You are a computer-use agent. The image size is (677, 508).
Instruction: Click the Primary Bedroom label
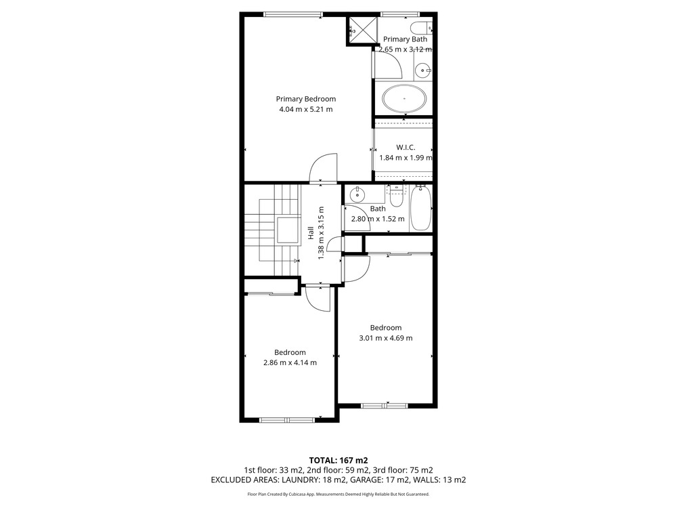306,99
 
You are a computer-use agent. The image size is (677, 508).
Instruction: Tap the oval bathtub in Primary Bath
405,98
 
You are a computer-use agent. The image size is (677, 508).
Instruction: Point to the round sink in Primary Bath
423,70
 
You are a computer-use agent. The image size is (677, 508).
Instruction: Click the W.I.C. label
406,147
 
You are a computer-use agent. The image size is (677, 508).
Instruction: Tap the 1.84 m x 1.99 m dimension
406,158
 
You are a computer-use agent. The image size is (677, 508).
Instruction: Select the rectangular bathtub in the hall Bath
420,208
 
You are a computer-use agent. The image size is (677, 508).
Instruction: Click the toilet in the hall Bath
396,196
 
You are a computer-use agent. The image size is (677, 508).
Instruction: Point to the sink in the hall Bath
357,195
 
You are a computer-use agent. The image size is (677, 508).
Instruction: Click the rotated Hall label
311,233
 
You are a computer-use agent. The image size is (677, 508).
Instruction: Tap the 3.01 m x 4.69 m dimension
386,338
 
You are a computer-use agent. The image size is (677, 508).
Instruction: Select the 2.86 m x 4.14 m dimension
290,363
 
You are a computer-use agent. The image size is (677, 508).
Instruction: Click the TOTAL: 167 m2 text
338,461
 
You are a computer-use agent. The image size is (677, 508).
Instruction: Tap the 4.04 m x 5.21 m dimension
306,109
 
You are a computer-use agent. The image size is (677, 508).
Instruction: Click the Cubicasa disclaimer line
338,494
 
